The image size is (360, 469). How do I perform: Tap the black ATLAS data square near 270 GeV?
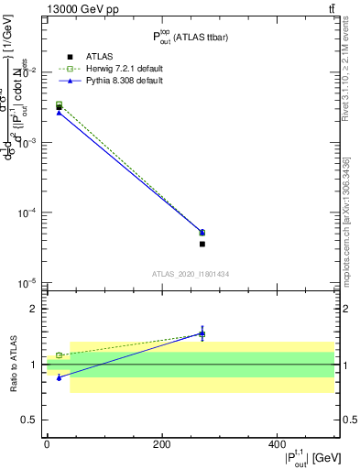click(x=202, y=244)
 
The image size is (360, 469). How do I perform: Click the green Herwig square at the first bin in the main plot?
click(x=60, y=104)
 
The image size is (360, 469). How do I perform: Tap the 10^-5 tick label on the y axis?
click(x=31, y=284)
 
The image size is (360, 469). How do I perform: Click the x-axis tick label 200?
click(x=162, y=444)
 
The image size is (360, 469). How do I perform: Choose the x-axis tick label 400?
click(x=277, y=444)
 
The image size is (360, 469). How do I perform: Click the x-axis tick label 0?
click(x=47, y=444)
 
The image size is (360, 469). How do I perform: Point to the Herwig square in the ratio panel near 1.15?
click(x=60, y=355)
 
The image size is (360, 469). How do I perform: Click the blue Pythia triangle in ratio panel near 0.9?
click(x=60, y=377)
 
